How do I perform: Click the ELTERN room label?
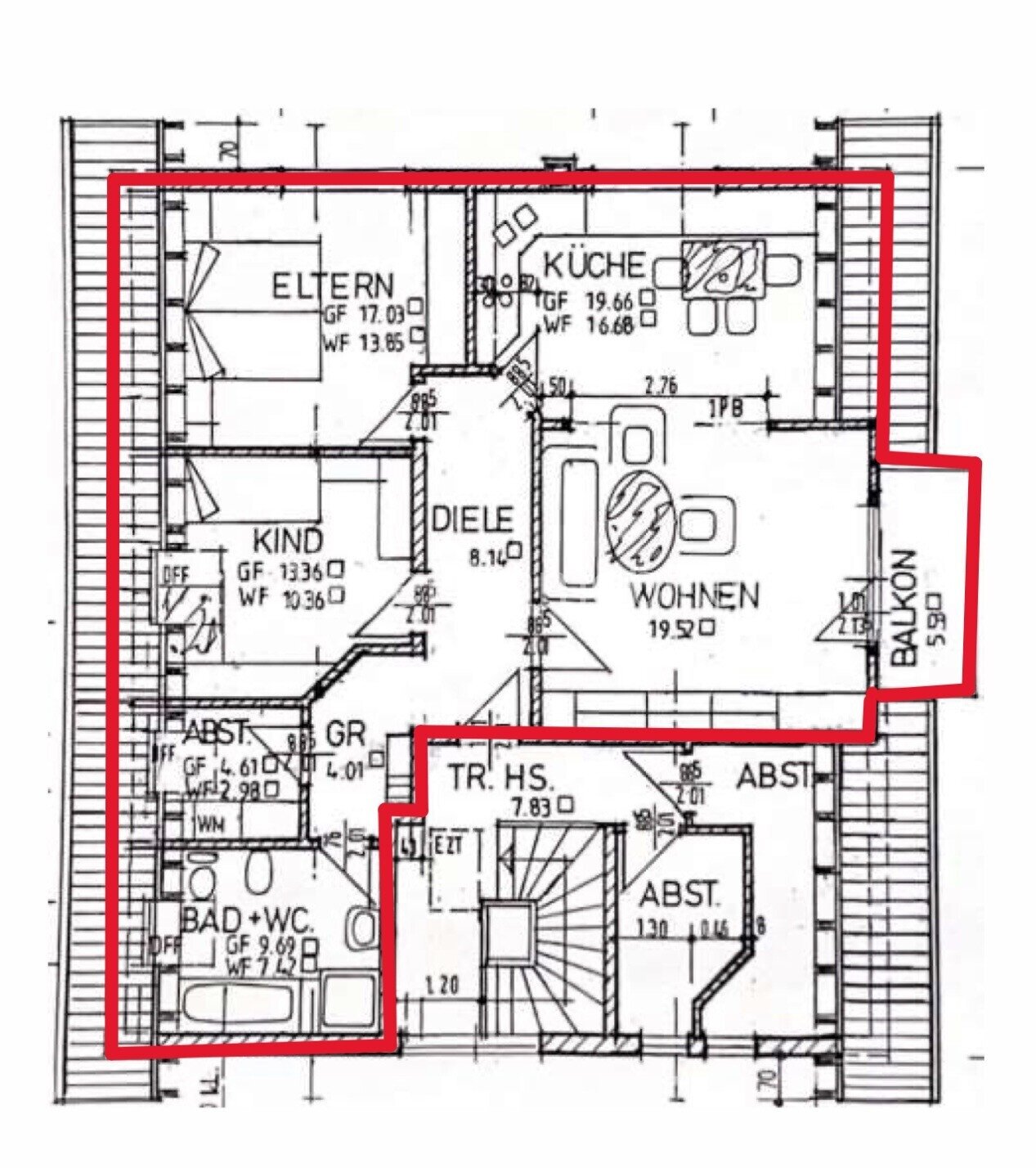tap(333, 286)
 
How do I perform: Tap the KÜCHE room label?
tap(594, 266)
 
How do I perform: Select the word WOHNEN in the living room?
tap(694, 596)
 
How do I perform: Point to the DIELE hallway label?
tap(473, 519)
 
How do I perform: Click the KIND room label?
tap(287, 541)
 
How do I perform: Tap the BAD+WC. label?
tap(248, 922)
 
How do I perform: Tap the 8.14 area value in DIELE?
tap(488, 559)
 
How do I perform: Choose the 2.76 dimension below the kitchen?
tap(660, 386)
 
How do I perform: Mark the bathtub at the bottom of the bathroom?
tap(237, 1003)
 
